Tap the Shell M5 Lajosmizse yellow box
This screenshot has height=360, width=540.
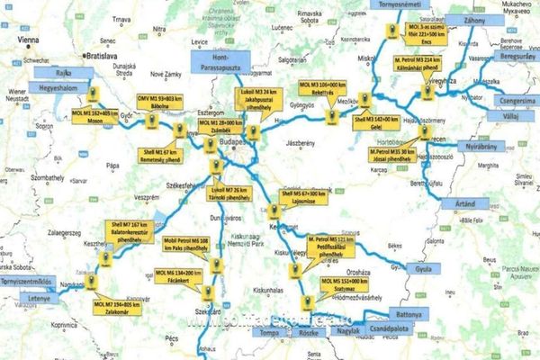click(301, 196)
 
